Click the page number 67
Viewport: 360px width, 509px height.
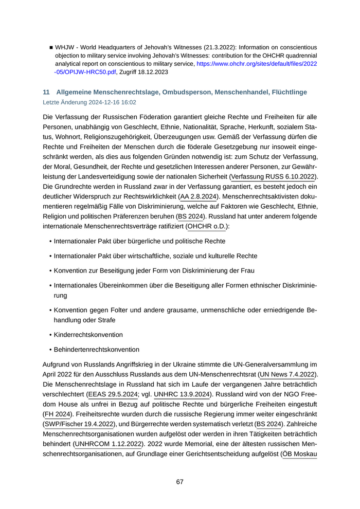pos(179,482)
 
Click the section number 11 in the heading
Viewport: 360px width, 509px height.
pos(46,92)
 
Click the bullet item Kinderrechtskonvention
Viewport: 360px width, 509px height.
pos(88,335)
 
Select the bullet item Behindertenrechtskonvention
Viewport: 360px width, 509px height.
pos(96,349)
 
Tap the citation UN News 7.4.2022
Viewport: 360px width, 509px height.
pos(289,374)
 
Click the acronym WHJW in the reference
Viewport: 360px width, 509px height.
pos(65,47)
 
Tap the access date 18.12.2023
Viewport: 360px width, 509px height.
pos(152,72)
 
